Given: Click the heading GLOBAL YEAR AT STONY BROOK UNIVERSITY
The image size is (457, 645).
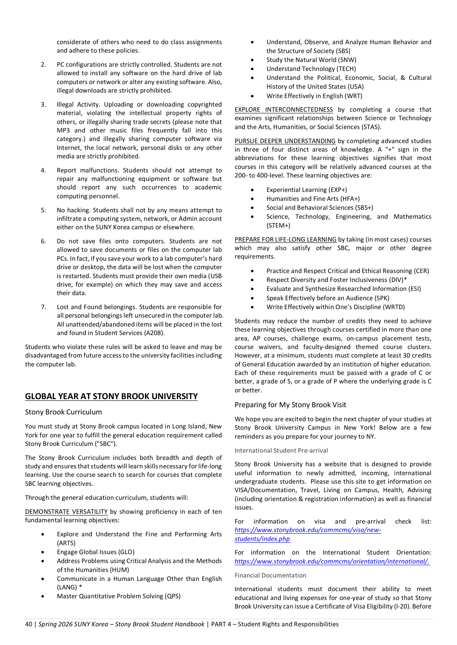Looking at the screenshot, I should (x=111, y=396).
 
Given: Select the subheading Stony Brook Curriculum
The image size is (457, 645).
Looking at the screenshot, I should (x=63, y=412).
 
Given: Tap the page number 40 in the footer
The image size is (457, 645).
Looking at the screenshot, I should (x=28, y=624).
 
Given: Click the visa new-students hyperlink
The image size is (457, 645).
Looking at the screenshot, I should (x=307, y=534).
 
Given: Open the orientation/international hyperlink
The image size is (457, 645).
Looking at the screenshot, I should (x=332, y=561).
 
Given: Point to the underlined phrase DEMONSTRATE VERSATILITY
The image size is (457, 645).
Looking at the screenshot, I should (x=66, y=512).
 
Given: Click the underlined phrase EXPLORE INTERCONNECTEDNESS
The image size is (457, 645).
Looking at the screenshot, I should (x=284, y=110).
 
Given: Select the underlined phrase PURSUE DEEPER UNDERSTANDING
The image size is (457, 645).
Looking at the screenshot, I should (x=285, y=141).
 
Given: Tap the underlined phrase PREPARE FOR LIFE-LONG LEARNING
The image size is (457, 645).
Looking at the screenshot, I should (x=285, y=239).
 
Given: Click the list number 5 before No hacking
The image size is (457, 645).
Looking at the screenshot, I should (x=43, y=210).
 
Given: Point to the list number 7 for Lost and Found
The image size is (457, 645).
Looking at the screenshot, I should (x=43, y=307).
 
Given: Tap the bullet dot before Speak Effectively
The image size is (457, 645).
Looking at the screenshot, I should (x=253, y=298).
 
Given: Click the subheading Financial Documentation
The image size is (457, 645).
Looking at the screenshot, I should (x=270, y=575).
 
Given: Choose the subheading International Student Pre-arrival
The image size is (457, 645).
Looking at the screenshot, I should (x=281, y=451).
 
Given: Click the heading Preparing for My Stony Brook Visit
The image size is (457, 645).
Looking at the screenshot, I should (x=290, y=405).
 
